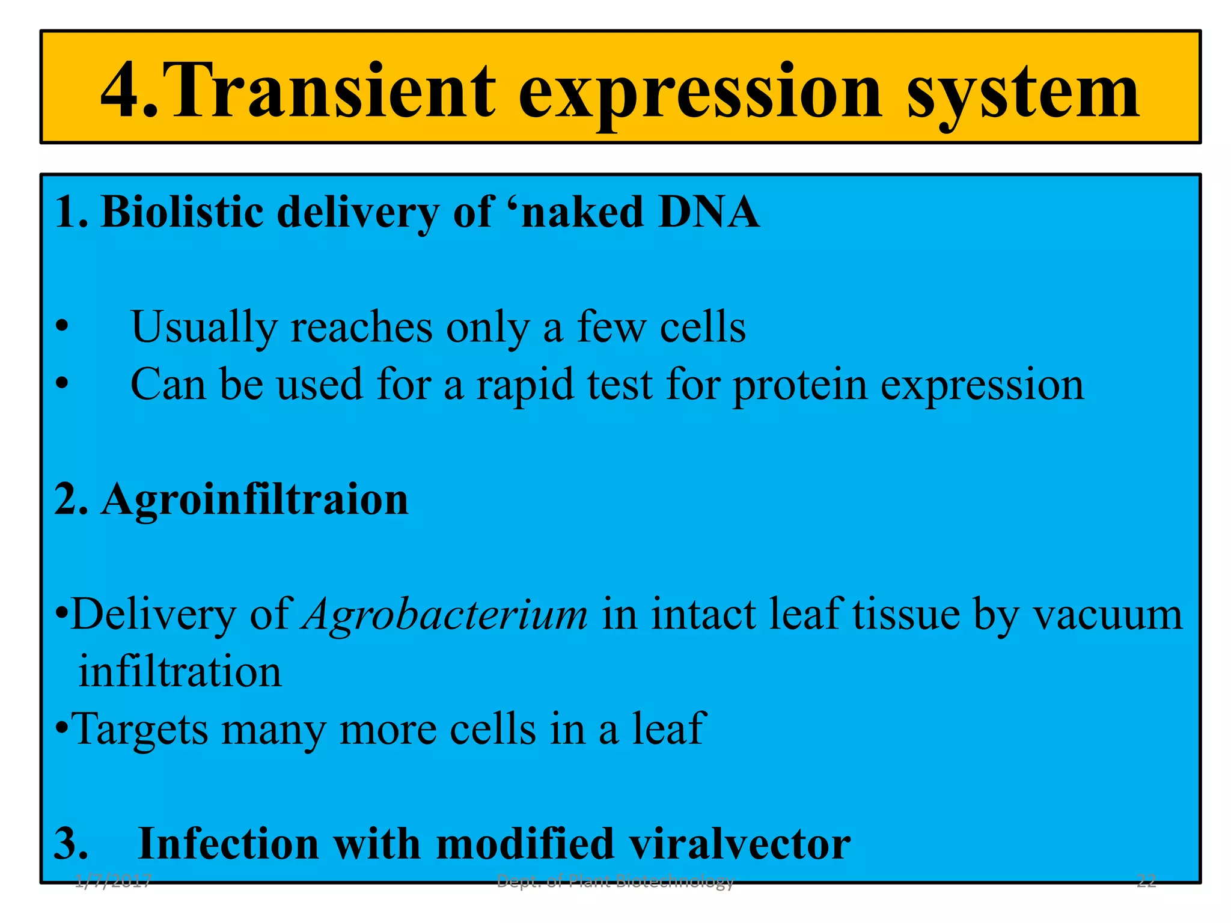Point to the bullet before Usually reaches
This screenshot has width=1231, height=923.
coord(61,327)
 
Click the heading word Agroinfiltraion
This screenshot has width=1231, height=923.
coord(255,500)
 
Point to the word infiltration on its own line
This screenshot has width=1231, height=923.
coord(180,672)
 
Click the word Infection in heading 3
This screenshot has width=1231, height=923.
coord(228,844)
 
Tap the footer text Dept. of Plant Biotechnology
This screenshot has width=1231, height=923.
coord(615,882)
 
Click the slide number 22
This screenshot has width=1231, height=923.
coord(1146,882)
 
